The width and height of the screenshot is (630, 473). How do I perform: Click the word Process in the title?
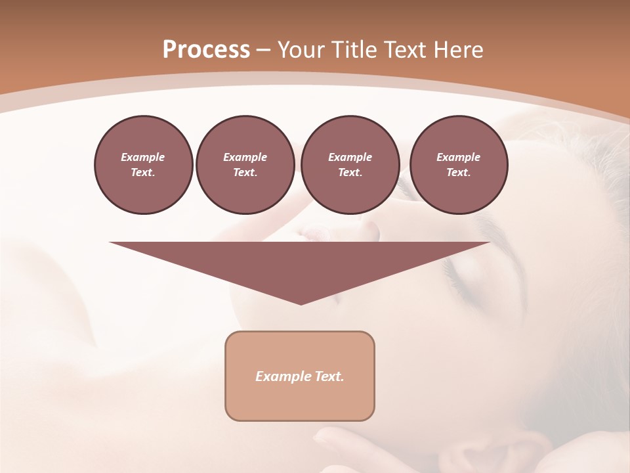click(206, 50)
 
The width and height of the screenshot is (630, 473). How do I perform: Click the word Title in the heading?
click(353, 50)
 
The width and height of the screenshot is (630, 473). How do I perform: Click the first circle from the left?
click(143, 165)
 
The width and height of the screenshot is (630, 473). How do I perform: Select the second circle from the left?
click(245, 165)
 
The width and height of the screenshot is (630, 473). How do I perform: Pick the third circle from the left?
click(350, 165)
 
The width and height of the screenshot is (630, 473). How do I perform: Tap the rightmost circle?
click(458, 165)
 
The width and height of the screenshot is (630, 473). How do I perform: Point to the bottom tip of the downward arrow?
click(301, 304)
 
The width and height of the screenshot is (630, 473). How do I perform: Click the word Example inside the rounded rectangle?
click(279, 376)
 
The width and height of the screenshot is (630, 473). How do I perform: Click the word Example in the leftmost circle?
click(143, 157)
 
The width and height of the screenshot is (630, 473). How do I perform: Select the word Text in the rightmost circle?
click(458, 173)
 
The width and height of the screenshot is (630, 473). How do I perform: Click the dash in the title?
click(264, 50)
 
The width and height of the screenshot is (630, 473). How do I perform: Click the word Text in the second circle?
click(245, 173)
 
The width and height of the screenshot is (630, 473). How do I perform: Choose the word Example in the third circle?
click(350, 157)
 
